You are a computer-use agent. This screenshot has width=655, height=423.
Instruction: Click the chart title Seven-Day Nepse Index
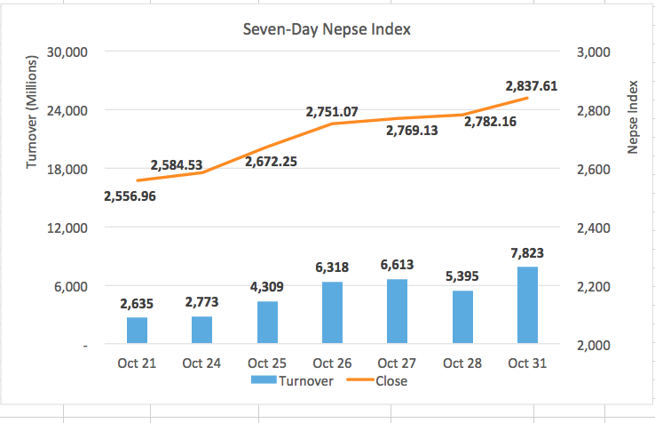click(x=327, y=29)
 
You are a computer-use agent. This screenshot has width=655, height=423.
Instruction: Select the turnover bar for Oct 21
click(x=137, y=331)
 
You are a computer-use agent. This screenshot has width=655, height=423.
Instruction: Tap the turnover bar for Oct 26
click(x=332, y=313)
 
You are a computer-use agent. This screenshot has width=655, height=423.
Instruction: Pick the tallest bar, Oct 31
click(x=527, y=306)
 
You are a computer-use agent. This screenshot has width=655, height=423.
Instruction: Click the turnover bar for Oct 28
click(x=462, y=317)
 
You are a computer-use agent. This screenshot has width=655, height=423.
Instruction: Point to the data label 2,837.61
click(x=532, y=86)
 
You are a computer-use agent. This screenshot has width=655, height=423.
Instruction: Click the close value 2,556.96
click(x=130, y=196)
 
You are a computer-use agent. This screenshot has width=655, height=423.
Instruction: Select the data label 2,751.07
click(x=332, y=112)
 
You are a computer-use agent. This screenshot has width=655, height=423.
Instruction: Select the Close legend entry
click(x=383, y=380)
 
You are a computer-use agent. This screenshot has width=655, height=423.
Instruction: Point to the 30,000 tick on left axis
click(x=67, y=52)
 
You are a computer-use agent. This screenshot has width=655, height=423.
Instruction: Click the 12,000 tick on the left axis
click(x=67, y=227)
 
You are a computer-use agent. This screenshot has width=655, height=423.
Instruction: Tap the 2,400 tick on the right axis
click(x=593, y=227)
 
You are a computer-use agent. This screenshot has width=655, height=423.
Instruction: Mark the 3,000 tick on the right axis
click(x=593, y=52)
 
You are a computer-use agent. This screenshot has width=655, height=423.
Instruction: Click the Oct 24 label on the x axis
click(x=201, y=363)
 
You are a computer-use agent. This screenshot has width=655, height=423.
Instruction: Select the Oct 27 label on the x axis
click(x=397, y=363)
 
